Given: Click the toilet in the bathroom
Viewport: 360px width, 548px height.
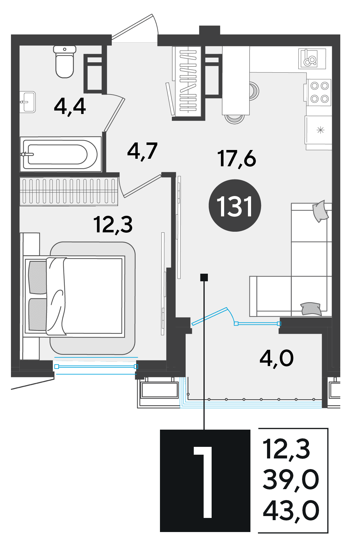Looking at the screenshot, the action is tap(65, 61).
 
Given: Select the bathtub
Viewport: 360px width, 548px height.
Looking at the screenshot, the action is tap(61, 154).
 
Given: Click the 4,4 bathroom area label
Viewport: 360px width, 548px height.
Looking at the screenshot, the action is tap(70, 106).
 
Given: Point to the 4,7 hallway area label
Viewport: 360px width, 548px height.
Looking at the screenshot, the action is tap(142, 151).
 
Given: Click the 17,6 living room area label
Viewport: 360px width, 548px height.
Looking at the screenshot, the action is tap(237, 158).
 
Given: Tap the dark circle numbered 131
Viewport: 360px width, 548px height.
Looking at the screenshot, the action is tap(235, 205).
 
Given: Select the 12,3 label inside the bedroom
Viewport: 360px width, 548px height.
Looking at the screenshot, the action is tap(113, 225).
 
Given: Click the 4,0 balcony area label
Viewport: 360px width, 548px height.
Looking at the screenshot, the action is tap(277, 358).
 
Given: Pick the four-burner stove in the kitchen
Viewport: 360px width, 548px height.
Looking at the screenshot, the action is tap(319, 92).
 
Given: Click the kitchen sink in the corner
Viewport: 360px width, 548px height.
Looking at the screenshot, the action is tap(312, 59).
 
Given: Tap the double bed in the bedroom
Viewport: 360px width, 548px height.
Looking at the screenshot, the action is tap(75, 296).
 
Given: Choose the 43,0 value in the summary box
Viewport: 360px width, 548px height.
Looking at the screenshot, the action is tap(291, 510).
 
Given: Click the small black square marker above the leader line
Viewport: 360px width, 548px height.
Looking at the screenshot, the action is tap(204, 277).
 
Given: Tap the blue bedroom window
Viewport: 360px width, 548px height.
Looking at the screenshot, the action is tap(96, 366).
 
